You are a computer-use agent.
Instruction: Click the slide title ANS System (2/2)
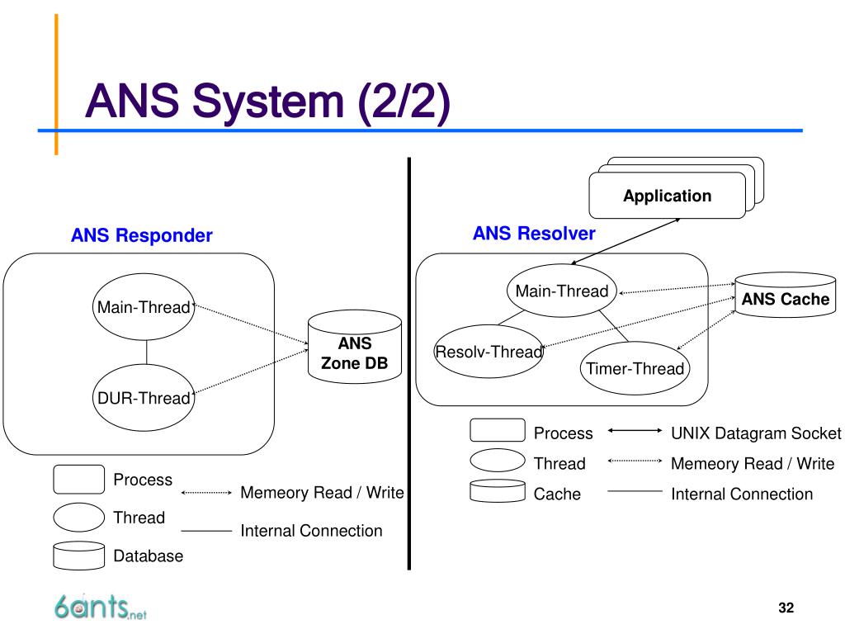click(x=267, y=102)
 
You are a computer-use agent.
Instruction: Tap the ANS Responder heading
click(x=142, y=235)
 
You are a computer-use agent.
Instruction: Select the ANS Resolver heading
click(x=534, y=234)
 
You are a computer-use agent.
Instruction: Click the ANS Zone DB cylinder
click(x=355, y=347)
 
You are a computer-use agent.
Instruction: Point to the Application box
click(x=667, y=195)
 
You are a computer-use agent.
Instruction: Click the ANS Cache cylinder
click(x=786, y=295)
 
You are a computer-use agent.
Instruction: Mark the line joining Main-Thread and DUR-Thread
click(x=146, y=352)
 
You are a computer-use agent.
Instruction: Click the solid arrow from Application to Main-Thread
click(x=625, y=242)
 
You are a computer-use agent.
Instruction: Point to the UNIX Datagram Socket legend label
click(x=756, y=433)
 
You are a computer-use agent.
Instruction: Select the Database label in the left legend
click(x=149, y=556)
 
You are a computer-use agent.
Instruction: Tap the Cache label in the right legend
click(x=557, y=494)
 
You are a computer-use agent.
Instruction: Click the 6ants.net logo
click(x=100, y=607)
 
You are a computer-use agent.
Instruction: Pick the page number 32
click(x=786, y=608)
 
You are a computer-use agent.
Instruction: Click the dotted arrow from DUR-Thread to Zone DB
click(x=251, y=371)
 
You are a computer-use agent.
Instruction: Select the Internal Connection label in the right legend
click(x=742, y=494)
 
